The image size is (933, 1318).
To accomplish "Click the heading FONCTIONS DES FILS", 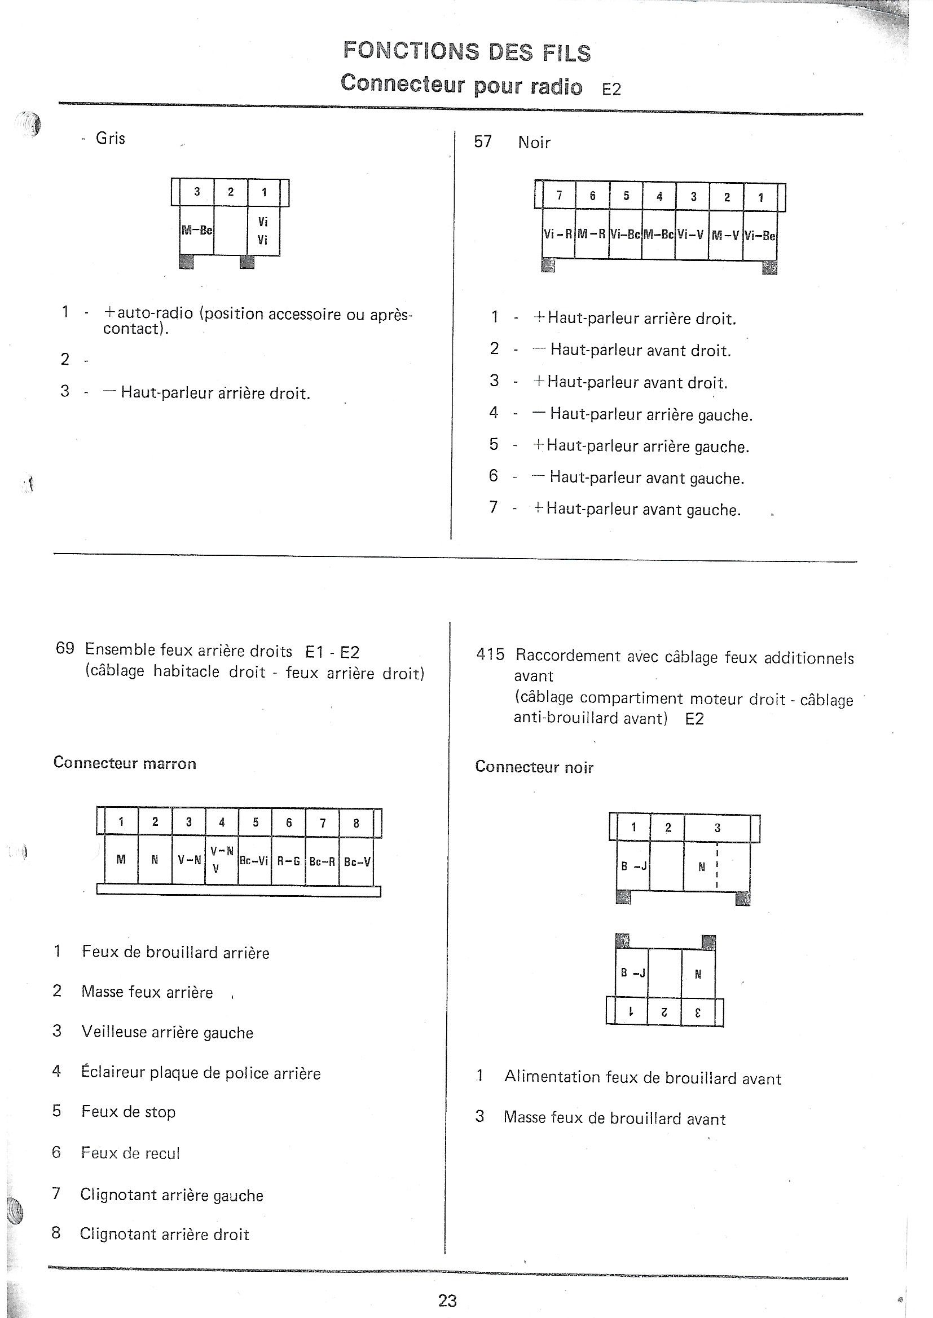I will [x=466, y=52].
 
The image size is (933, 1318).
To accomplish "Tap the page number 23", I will [x=447, y=1300].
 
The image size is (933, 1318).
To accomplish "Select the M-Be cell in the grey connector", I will [x=196, y=230].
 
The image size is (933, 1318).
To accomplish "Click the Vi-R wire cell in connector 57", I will [x=558, y=235].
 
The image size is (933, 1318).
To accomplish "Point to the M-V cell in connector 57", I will [x=725, y=235].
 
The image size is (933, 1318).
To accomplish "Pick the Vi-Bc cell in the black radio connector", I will [x=626, y=235].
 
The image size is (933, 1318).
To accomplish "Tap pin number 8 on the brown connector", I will [x=356, y=823].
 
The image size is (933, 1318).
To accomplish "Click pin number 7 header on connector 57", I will [x=559, y=196].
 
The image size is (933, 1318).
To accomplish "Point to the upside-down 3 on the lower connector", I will [x=698, y=1013].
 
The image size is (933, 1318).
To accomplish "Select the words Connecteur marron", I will [x=125, y=763].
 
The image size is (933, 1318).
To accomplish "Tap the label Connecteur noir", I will [x=534, y=767].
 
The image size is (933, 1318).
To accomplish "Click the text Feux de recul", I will [x=130, y=1153].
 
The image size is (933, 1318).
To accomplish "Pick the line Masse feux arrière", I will [x=147, y=992].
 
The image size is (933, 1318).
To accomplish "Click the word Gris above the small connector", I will [x=111, y=138].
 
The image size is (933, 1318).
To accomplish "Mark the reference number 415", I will [x=490, y=654].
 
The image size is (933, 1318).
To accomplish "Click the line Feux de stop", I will [x=128, y=1111].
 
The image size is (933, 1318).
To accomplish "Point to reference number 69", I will [x=65, y=649].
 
